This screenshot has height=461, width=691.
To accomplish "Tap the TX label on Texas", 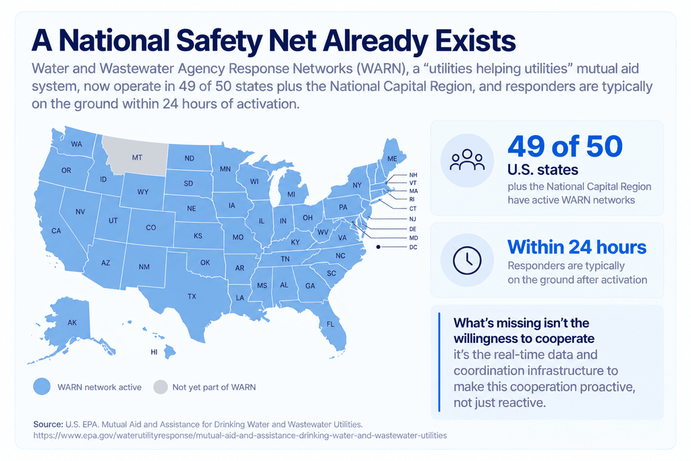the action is [x=192, y=296].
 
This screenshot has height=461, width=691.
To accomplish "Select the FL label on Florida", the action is [x=331, y=325].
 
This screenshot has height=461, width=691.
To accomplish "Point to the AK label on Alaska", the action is [x=72, y=323].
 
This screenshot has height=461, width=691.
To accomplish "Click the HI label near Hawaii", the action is [x=154, y=352].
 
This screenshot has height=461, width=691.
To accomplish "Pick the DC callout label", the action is [x=413, y=247].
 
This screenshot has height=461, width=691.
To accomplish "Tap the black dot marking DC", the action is [x=378, y=247].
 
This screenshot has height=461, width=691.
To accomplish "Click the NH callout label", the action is [x=413, y=175].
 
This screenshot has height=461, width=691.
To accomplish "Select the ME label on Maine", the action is [x=392, y=159].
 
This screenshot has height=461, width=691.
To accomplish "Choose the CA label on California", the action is [x=56, y=231].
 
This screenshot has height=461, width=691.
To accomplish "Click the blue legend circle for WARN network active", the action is [x=42, y=387].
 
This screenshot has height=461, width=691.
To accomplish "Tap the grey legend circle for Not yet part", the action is [x=161, y=387].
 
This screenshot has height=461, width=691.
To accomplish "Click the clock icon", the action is [x=467, y=261].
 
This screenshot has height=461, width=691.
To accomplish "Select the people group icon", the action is [x=467, y=160].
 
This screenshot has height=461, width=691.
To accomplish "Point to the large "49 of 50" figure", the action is [x=565, y=146].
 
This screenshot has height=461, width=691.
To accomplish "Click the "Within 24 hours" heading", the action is [x=577, y=247].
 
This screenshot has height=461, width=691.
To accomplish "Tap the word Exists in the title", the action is [x=475, y=40].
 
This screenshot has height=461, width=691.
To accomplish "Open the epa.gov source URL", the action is [x=240, y=435].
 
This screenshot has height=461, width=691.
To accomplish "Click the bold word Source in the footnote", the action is [x=48, y=425].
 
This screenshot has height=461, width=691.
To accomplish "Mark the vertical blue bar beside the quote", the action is [x=439, y=362].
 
